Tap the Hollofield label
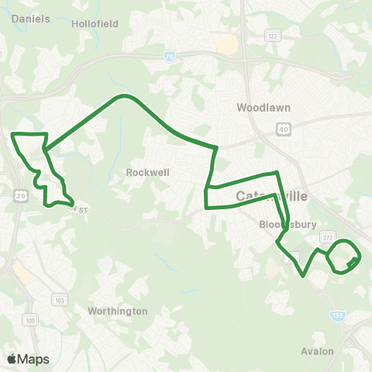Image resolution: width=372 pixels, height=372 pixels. [x=95, y=24]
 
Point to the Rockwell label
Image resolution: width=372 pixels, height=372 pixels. [x=147, y=173]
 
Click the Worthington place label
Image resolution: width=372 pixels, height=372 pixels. [x=117, y=311]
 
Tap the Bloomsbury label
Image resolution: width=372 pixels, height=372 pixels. [x=280, y=226]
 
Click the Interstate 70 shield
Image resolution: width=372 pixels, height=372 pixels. [x=170, y=56]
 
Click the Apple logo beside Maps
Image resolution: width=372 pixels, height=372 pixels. [x=12, y=359]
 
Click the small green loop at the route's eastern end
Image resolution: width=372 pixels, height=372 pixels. [x=345, y=257]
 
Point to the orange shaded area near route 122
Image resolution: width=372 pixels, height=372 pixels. [x=227, y=44]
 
